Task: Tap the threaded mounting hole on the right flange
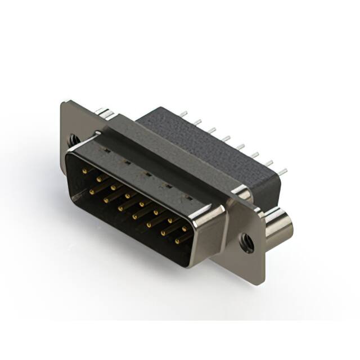(x=245, y=242)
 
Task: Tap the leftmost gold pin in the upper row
(x=85, y=169)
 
